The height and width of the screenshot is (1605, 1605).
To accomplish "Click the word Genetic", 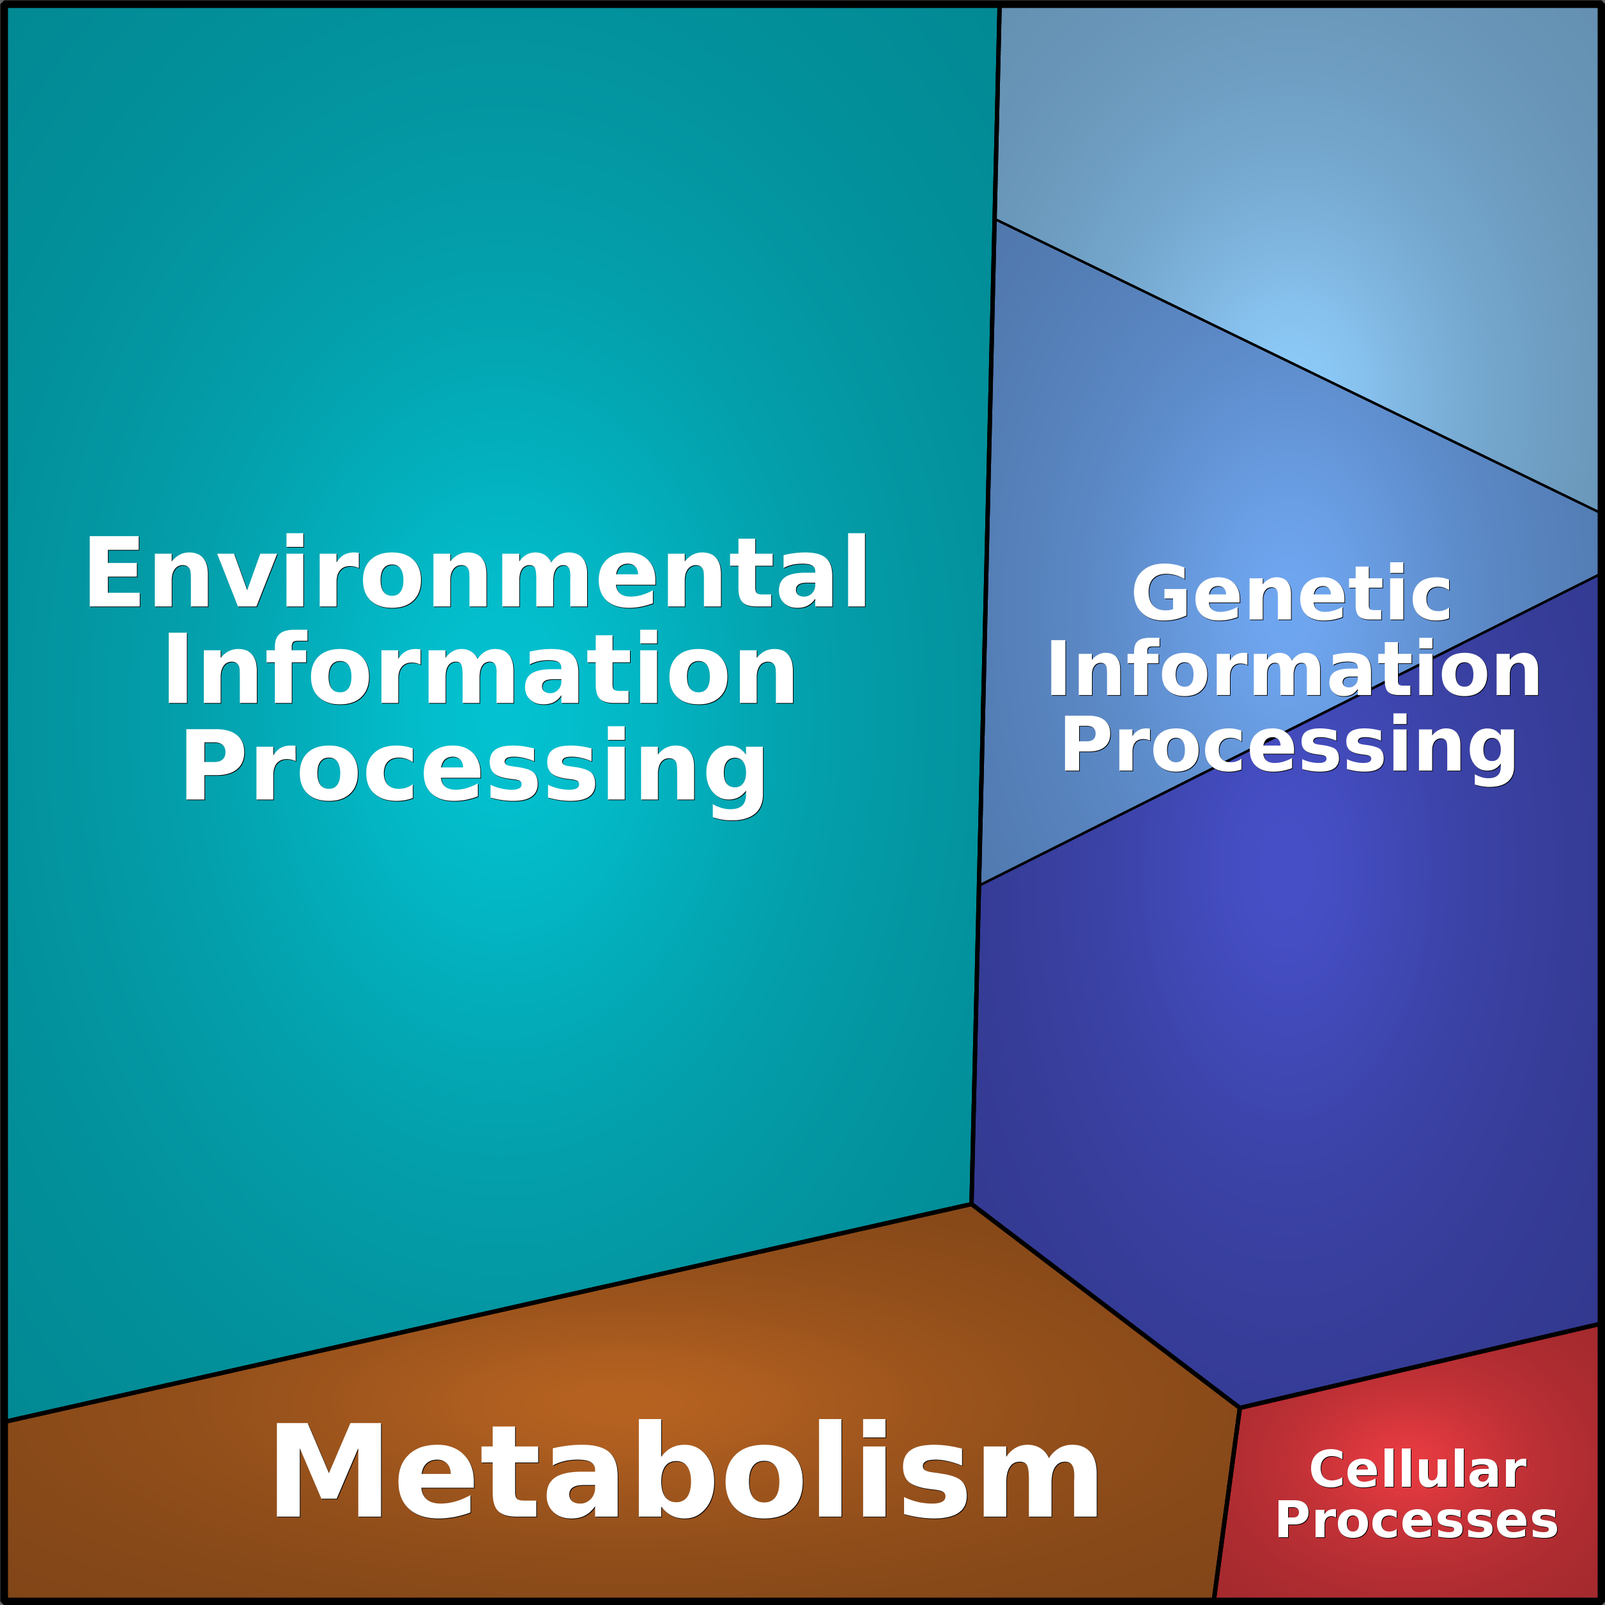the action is (1291, 592).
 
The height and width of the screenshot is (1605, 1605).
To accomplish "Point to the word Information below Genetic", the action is (1293, 669).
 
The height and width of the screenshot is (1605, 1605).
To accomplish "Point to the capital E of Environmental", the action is (113, 572).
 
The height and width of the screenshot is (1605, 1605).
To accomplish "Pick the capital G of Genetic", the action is (1160, 593).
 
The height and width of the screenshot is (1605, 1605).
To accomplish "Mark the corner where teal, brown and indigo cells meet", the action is (971, 1204).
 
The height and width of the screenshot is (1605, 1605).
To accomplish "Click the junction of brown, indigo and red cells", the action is (1240, 1408).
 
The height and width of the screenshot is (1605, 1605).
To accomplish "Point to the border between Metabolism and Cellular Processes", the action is (1226, 1503).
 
